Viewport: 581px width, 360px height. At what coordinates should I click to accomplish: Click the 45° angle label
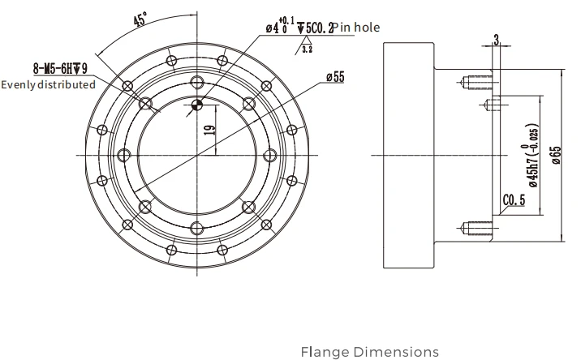140,19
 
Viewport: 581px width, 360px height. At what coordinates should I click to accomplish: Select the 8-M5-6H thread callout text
60,69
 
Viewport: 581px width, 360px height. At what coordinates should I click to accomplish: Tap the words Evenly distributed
48,85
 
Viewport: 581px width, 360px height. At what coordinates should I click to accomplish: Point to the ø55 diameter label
335,77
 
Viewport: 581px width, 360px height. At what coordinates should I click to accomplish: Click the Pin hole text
356,28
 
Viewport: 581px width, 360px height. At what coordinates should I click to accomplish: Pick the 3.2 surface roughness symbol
305,45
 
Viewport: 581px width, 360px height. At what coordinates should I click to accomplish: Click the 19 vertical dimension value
209,130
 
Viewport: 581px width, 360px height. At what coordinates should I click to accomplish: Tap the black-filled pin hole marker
197,105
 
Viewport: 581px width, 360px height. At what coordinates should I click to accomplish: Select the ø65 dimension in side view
556,155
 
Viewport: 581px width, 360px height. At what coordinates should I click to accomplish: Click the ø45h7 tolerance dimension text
532,156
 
